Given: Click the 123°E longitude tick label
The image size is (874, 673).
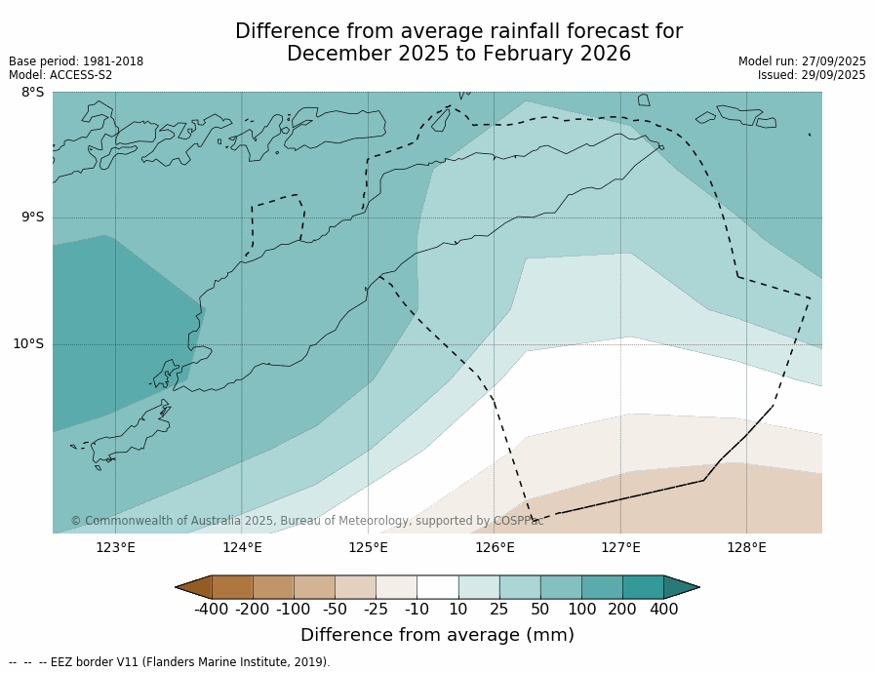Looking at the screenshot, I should tap(115, 547).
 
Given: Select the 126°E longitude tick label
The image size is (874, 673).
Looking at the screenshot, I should tap(495, 547).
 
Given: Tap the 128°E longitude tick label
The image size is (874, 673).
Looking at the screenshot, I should tap(746, 547).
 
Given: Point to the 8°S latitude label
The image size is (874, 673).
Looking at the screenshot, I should tap(32, 93).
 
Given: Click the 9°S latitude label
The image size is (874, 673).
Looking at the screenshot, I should tap(32, 218).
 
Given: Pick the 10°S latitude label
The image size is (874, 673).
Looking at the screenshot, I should tap(28, 343).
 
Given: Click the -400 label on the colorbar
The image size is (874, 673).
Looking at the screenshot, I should tap(211, 610).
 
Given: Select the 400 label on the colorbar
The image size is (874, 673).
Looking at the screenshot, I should tap(663, 610).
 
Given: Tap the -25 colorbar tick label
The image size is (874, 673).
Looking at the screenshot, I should tap(376, 610).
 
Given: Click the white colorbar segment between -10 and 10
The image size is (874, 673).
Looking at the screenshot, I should tap(437, 587).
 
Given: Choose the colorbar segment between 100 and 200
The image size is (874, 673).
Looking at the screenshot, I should tap(602, 587).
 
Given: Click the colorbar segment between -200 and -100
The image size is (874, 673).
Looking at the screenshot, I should tap(273, 587).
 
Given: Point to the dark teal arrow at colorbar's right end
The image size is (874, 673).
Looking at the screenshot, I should tap(681, 587).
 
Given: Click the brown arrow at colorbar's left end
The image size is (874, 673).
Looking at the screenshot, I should tap(194, 587).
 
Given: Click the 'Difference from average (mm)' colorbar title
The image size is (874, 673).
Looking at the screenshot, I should tap(437, 636).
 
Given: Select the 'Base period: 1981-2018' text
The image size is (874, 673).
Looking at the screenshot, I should tap(76, 61).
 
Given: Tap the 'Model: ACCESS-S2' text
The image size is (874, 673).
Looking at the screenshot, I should tap(60, 75).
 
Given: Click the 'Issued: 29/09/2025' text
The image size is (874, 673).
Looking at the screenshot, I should tap(812, 75).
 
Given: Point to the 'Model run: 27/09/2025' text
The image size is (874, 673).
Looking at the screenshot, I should tap(802, 61).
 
